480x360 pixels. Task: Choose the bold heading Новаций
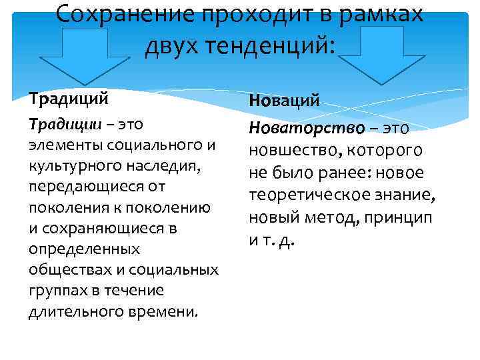[284, 101]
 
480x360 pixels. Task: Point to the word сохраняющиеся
[107, 228]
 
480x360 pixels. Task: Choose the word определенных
[84, 249]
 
